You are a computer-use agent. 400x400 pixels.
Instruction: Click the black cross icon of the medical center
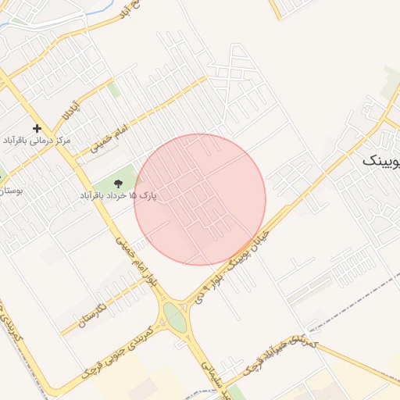point(37,127)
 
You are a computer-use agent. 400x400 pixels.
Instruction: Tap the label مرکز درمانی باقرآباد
point(37,141)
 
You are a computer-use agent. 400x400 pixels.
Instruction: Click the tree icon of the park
point(118,184)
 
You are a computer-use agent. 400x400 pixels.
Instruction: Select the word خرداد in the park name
point(123,195)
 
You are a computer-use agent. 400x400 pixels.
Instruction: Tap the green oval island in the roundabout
point(175,317)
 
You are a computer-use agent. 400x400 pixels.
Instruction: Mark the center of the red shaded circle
point(200,199)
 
